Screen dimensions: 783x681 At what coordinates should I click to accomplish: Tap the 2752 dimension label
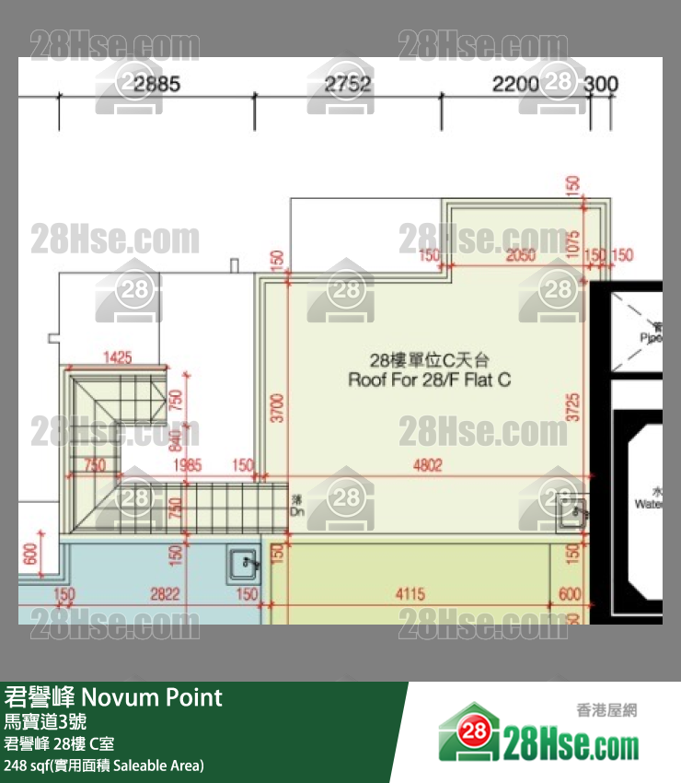(x=349, y=85)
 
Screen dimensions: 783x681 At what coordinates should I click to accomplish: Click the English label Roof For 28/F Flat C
(x=429, y=379)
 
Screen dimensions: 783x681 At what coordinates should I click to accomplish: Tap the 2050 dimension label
(x=521, y=255)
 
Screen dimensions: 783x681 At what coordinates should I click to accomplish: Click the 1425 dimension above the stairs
(x=117, y=356)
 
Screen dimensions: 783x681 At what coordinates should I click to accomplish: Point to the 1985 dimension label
(x=188, y=466)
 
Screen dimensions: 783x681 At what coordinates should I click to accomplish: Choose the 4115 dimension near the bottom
(x=410, y=594)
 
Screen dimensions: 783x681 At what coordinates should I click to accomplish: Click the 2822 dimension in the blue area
(x=165, y=594)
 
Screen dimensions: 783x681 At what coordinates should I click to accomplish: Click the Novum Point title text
(x=114, y=696)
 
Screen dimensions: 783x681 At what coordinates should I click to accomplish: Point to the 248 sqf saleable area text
(x=104, y=765)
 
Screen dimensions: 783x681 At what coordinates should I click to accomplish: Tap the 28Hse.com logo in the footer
(x=538, y=734)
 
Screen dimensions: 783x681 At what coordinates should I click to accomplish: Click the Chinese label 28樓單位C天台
(x=428, y=359)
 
